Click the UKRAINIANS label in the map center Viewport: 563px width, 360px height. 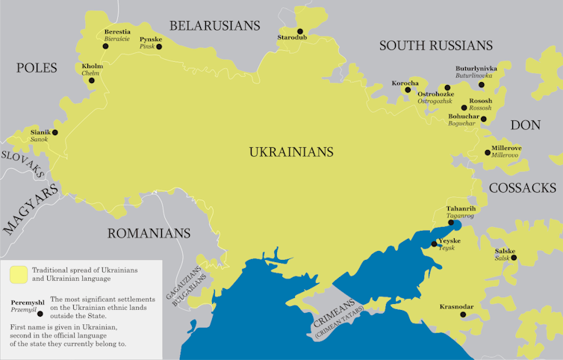click(290, 152)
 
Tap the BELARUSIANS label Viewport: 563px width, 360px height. click(215, 25)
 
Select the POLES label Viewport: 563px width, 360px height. click(37, 68)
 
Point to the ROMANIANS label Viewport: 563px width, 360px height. click(149, 233)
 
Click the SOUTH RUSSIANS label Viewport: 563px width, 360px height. click(436, 46)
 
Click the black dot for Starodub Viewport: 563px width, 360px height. click(300, 31)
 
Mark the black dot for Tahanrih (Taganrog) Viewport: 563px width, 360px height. click(450, 222)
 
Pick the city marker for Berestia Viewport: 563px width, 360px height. click(106, 46)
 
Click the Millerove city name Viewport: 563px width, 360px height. click(506, 148)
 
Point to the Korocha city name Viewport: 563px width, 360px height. click(405, 83)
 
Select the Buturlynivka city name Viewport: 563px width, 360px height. click(476, 68)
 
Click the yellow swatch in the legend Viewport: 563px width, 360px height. click(19, 274)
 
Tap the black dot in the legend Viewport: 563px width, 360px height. click(40, 313)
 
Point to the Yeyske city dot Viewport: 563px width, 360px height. click(435, 243)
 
